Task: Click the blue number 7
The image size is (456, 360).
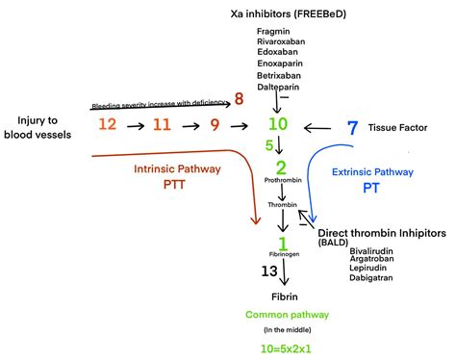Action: point(352,127)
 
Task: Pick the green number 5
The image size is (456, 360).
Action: point(270,145)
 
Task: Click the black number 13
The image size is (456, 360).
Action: point(270,272)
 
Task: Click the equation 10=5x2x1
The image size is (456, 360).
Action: point(280,347)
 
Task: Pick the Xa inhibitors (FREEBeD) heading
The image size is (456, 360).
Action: point(280,14)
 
